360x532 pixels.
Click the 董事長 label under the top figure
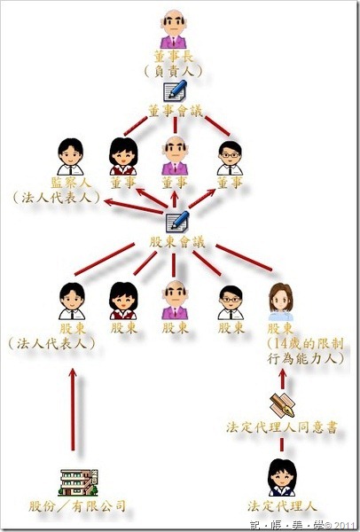click(x=174, y=57)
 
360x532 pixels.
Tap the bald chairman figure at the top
click(x=174, y=29)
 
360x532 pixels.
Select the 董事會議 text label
click(x=176, y=111)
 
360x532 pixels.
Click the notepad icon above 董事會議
click(x=175, y=90)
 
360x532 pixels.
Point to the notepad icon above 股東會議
click(x=177, y=221)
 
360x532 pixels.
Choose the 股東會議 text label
click(x=177, y=242)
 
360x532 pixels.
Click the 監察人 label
click(x=71, y=183)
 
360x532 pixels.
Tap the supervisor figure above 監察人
click(x=70, y=156)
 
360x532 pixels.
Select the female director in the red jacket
click(x=123, y=156)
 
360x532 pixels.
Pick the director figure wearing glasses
click(x=230, y=158)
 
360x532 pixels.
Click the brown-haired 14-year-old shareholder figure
click(x=280, y=302)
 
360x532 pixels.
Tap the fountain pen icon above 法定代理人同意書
click(x=282, y=405)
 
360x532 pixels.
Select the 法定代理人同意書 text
click(x=282, y=427)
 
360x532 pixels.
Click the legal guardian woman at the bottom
click(x=282, y=478)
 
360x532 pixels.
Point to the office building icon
click(x=79, y=482)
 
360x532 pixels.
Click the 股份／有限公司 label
click(x=77, y=506)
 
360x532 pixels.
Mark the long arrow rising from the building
click(x=73, y=410)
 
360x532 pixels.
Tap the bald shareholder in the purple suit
click(x=175, y=300)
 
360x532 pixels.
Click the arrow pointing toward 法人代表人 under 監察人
click(x=134, y=207)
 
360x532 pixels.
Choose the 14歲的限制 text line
click(x=305, y=344)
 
